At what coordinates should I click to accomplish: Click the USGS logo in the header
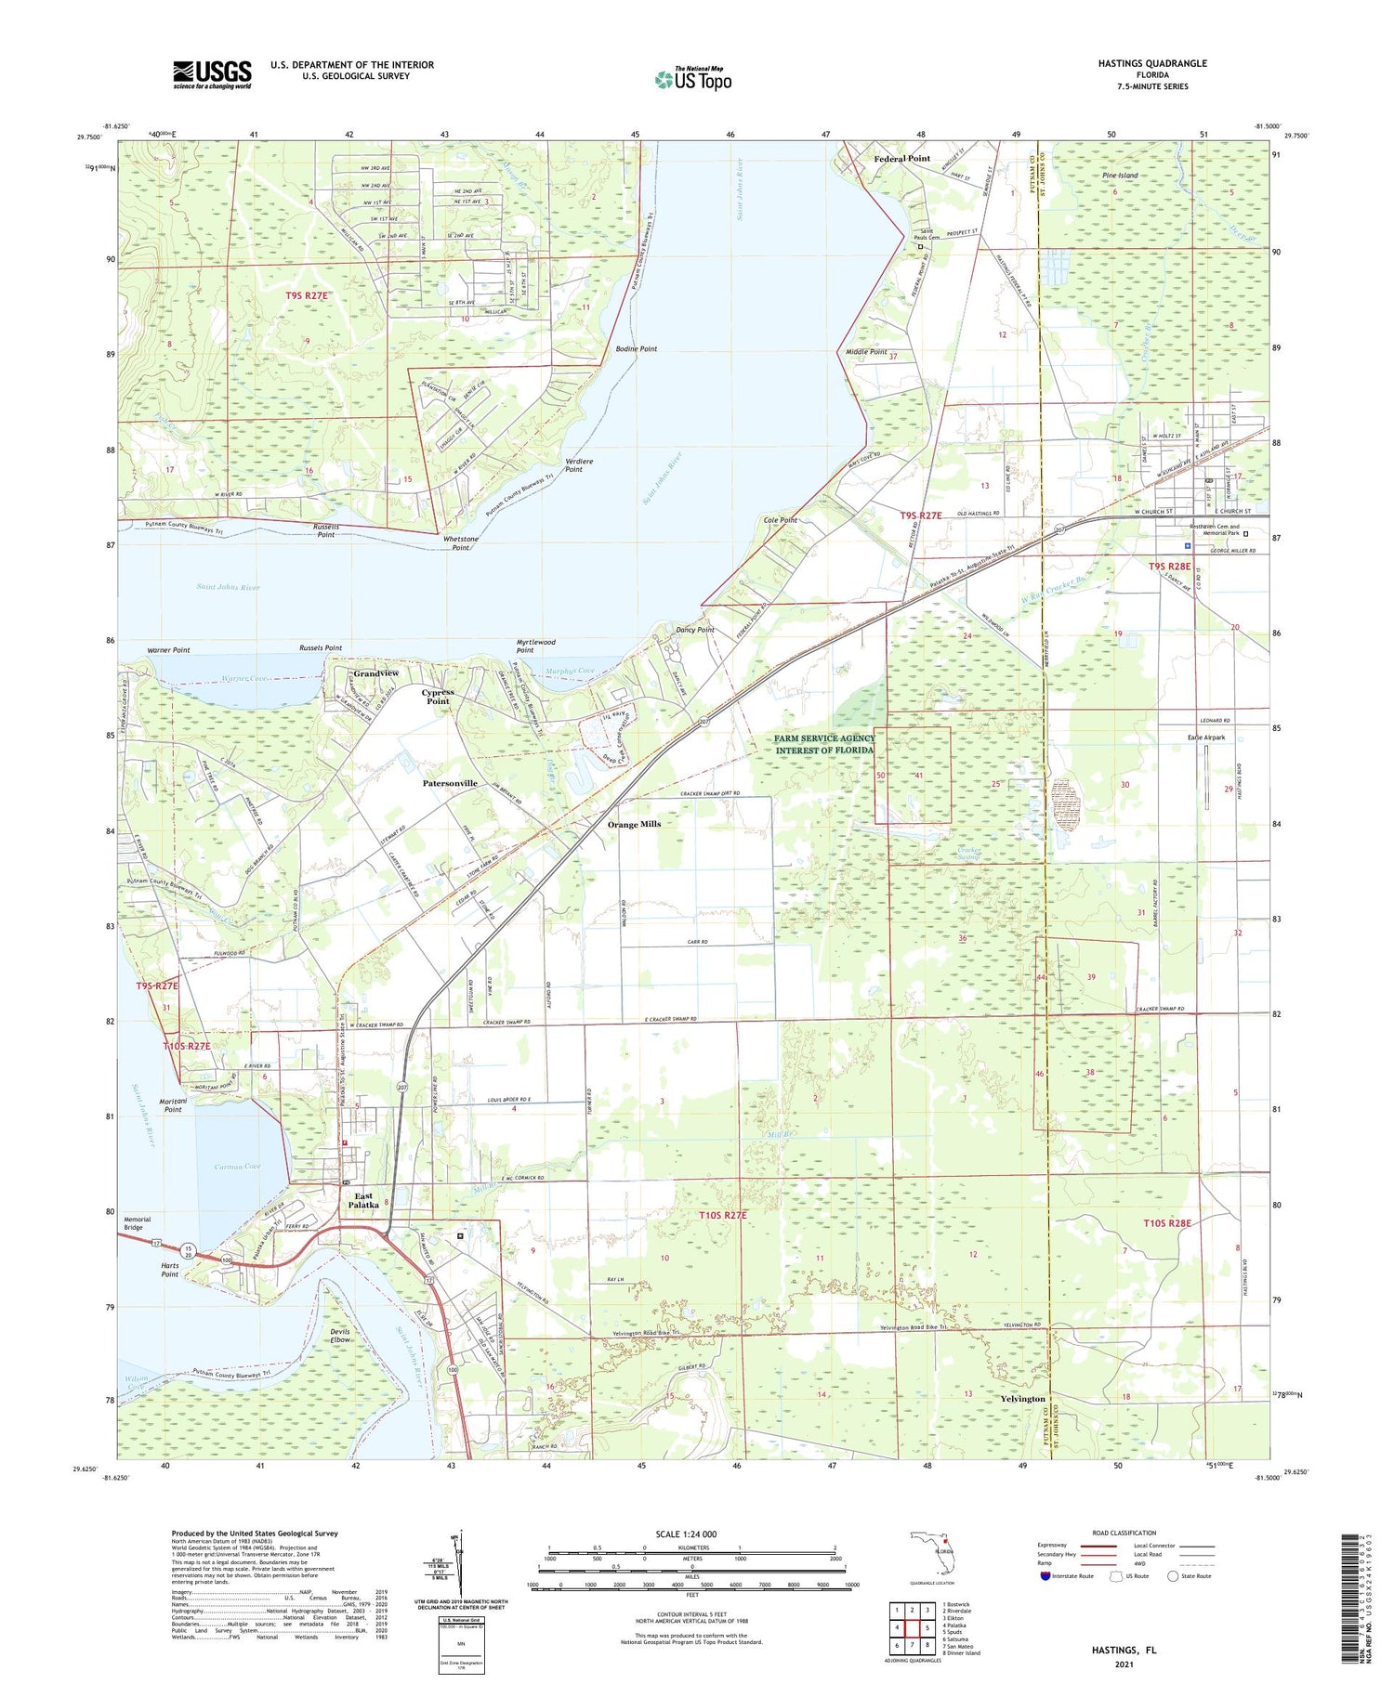[212, 74]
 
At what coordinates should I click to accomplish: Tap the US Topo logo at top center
[693, 80]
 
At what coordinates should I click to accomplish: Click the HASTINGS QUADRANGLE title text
[1152, 63]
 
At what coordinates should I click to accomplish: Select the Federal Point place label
[901, 159]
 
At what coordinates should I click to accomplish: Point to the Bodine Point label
[637, 349]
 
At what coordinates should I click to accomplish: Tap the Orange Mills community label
[634, 824]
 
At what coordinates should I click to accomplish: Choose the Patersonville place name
[450, 783]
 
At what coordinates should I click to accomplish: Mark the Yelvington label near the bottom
[1022, 1399]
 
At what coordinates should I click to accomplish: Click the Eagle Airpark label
[1206, 738]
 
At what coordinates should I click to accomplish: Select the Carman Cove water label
[238, 1167]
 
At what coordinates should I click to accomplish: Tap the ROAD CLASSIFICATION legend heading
[1124, 1534]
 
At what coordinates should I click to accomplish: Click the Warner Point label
[168, 650]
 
